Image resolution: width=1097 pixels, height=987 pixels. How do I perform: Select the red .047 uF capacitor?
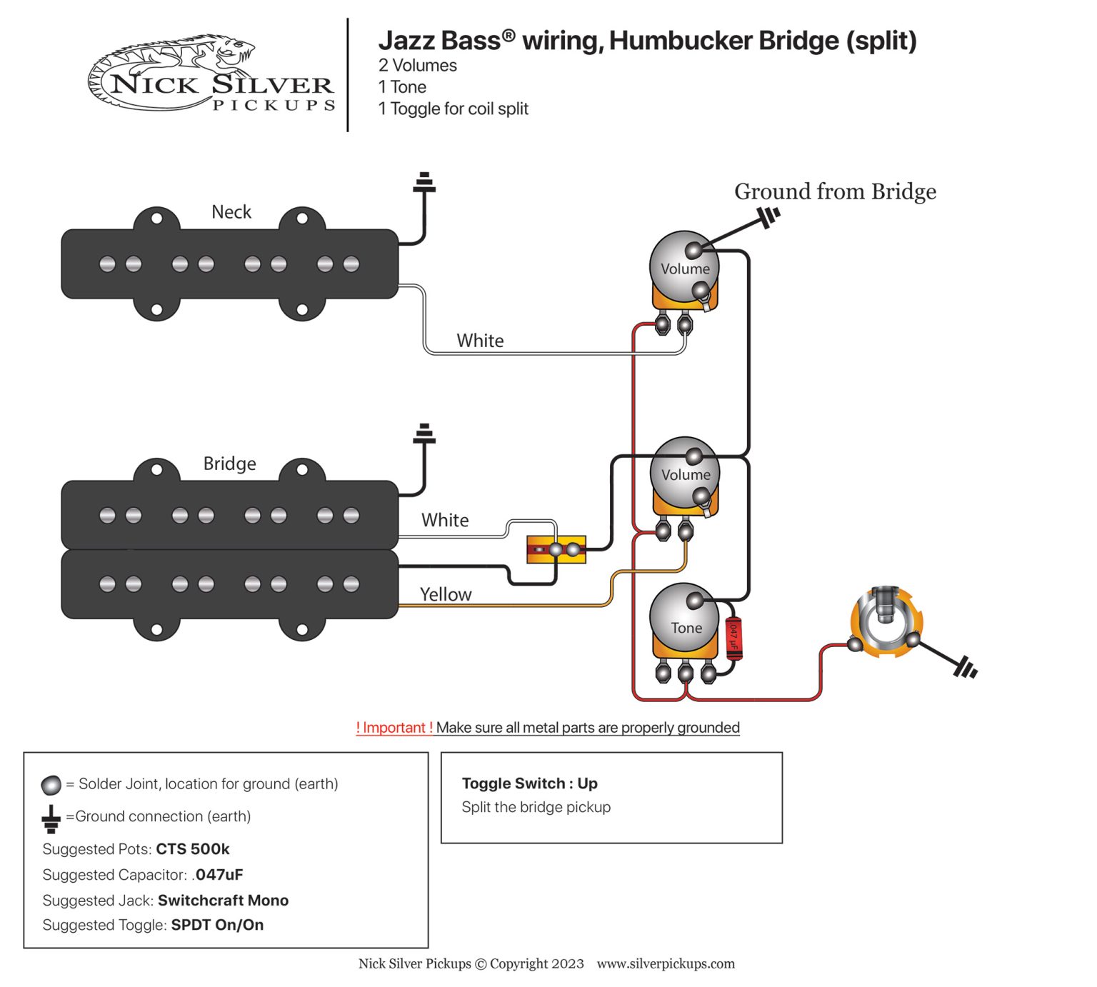click(733, 638)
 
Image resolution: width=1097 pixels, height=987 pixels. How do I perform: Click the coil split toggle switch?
click(556, 549)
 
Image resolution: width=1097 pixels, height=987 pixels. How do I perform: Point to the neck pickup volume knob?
click(684, 266)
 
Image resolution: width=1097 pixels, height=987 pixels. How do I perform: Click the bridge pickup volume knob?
click(685, 472)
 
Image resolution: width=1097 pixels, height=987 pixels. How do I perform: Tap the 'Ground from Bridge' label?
click(835, 191)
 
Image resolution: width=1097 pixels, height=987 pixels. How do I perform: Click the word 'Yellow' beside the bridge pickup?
click(446, 594)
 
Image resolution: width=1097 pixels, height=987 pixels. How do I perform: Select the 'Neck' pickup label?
click(231, 212)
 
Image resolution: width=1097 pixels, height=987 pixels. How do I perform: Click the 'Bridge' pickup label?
click(229, 464)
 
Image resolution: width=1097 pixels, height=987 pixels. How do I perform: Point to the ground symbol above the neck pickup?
click(424, 184)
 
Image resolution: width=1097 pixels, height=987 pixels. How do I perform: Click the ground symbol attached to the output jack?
click(965, 668)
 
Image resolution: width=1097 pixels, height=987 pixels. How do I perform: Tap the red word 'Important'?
click(394, 727)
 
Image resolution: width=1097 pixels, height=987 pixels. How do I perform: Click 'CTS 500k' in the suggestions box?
click(193, 849)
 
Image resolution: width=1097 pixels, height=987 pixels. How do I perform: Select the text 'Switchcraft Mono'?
click(223, 900)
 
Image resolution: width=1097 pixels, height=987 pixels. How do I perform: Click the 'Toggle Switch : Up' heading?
click(529, 783)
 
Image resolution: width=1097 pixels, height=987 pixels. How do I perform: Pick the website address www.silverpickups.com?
click(666, 963)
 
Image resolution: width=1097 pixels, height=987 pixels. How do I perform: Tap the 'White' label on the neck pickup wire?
click(480, 341)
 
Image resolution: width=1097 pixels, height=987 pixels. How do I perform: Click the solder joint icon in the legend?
click(51, 785)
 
